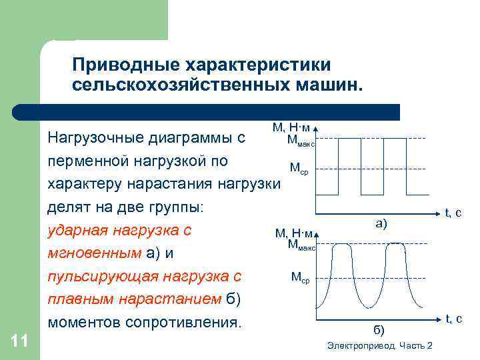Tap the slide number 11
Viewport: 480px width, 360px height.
click(20, 341)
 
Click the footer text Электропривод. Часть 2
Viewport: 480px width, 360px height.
click(380, 345)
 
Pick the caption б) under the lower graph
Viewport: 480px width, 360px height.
click(378, 329)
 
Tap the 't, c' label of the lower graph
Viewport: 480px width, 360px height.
click(453, 319)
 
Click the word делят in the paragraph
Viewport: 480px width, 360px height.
click(65, 207)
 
